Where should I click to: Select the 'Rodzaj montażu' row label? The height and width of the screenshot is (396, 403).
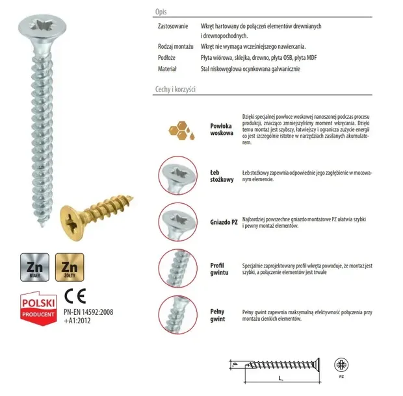[175, 47]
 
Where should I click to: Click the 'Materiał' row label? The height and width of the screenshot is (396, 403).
[168, 68]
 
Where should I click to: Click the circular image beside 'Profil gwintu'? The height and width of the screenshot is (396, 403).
[177, 267]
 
